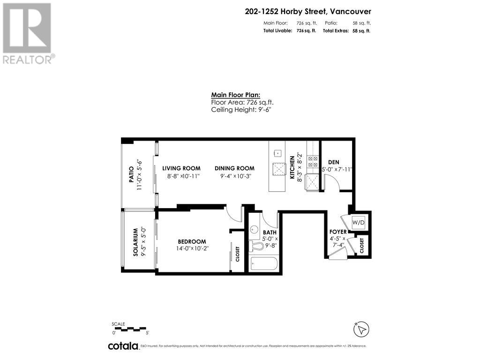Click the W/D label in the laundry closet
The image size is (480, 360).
tap(359, 222)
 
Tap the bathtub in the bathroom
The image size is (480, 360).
tap(263, 264)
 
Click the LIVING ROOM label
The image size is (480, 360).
tap(181, 168)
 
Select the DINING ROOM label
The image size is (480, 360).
tap(234, 168)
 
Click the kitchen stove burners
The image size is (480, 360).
tap(312, 162)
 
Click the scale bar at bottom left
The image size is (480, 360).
tap(130, 329)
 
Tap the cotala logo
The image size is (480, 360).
tap(123, 346)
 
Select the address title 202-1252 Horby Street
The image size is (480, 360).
tap(308, 12)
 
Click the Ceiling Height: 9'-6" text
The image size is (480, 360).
tap(241, 109)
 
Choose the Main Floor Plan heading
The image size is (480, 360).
tap(232, 95)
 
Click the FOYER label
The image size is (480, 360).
tap(337, 232)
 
